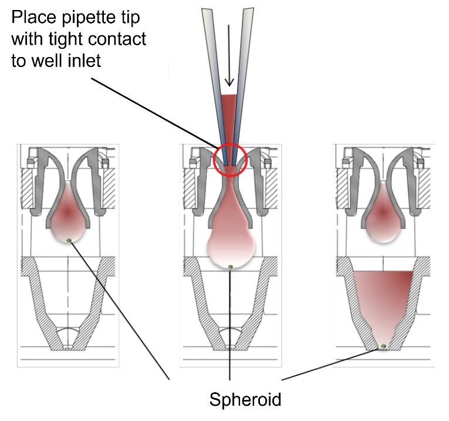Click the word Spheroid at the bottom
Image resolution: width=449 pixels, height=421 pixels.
tap(245, 400)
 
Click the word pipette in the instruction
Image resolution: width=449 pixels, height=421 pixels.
tap(92, 18)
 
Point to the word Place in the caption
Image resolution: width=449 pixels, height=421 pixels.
tap(34, 17)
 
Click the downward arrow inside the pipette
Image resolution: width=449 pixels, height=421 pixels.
tap(229, 55)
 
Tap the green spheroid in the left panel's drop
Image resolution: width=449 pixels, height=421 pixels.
tap(69, 240)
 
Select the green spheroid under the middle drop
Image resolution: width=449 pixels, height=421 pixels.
tap(231, 267)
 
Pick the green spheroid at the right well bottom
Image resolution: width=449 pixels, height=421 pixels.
tap(384, 346)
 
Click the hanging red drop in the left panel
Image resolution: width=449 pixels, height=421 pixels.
tap(68, 213)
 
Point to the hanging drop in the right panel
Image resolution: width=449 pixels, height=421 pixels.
tap(383, 213)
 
